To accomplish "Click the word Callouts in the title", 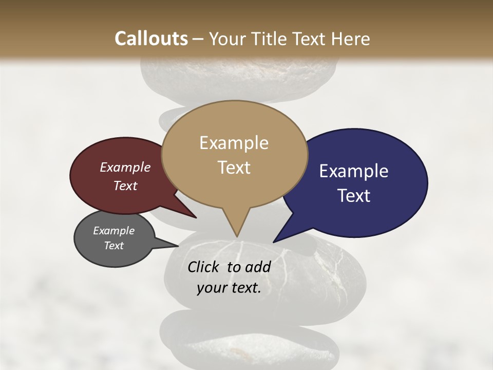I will [x=151, y=39].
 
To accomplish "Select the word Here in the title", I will [x=350, y=39].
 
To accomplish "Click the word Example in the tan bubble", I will [x=234, y=143].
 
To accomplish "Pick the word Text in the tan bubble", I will [x=234, y=168].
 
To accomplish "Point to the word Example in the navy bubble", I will [x=353, y=171].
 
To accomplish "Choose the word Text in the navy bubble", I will [x=354, y=196].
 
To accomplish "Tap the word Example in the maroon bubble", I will [x=125, y=168].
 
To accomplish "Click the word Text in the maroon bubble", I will [x=125, y=186].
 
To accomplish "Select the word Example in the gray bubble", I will [x=113, y=231].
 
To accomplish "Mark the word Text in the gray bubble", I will [x=113, y=246].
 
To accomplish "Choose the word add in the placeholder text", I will [x=258, y=267].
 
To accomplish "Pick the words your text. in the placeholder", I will [x=229, y=288].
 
